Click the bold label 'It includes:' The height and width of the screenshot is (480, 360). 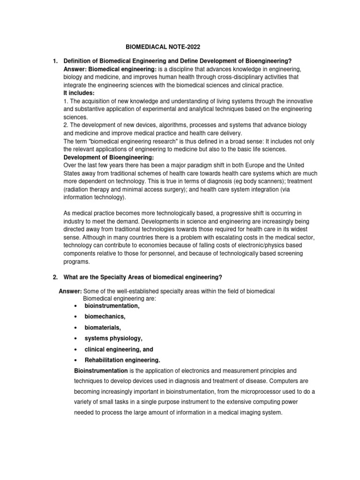[x=79, y=93]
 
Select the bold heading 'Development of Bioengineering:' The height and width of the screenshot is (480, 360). [x=105, y=157]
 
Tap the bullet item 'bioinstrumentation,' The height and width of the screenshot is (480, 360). [x=112, y=306]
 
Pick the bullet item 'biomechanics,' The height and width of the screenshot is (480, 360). [x=105, y=316]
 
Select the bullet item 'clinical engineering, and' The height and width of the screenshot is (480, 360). [x=119, y=350]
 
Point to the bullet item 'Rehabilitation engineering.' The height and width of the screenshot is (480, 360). [x=122, y=360]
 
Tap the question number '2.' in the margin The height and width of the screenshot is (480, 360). [x=54, y=277]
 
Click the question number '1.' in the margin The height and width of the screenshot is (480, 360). [x=54, y=61]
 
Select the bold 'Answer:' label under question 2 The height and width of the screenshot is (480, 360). [x=70, y=291]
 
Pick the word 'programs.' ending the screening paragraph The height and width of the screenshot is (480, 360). [x=76, y=262]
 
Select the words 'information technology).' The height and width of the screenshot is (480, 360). [x=95, y=197]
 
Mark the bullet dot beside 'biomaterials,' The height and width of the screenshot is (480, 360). [x=75, y=328]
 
